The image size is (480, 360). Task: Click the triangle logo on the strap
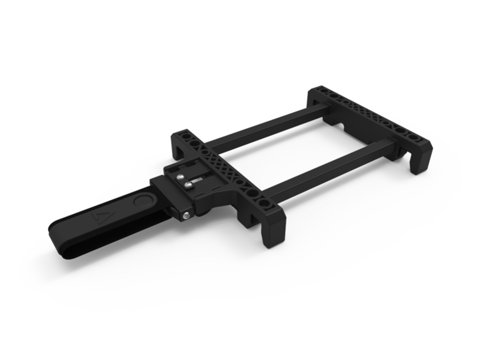100,217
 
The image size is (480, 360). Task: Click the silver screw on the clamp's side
186,215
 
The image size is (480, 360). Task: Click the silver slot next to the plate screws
196,179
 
